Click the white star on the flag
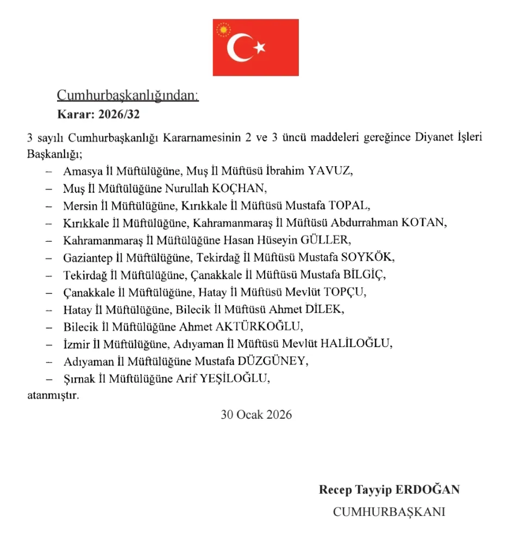click(260, 48)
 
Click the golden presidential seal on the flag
click(223, 29)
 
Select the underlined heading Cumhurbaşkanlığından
click(128, 96)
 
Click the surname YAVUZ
click(330, 172)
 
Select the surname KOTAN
click(423, 223)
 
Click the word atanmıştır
click(53, 395)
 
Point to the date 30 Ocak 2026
click(256, 415)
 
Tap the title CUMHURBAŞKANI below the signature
click(389, 512)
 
